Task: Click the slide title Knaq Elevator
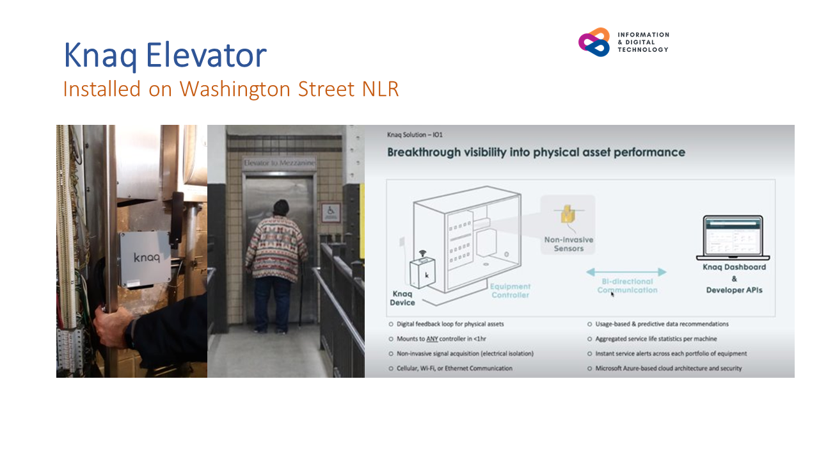164,56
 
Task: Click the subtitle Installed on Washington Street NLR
230,89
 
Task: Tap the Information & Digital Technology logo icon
594,42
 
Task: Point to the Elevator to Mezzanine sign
279,164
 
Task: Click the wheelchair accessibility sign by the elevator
331,211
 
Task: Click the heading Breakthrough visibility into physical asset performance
536,152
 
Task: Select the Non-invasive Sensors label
568,244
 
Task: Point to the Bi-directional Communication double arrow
626,272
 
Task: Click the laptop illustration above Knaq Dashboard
733,238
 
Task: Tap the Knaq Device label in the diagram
402,298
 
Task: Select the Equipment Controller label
510,291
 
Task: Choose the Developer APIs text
734,290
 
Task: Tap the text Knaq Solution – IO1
415,135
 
